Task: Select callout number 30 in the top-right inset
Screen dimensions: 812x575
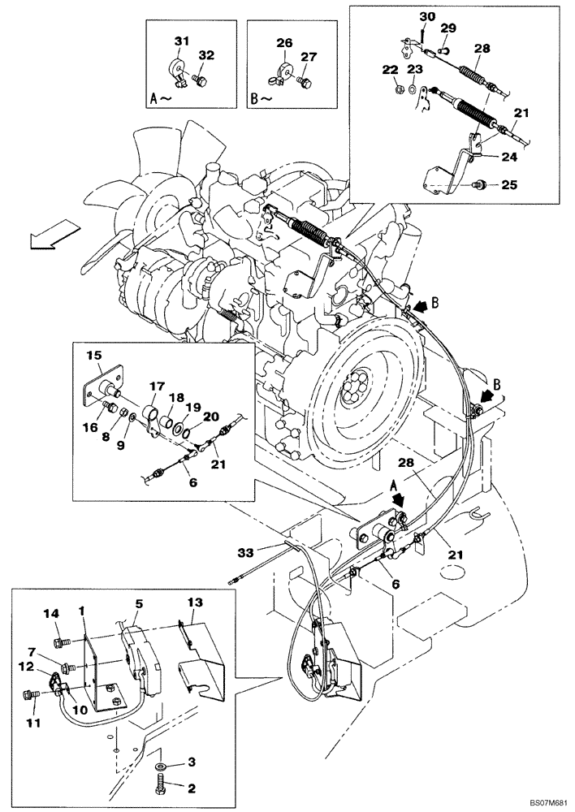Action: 426,17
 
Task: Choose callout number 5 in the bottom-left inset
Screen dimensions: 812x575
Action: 139,604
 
